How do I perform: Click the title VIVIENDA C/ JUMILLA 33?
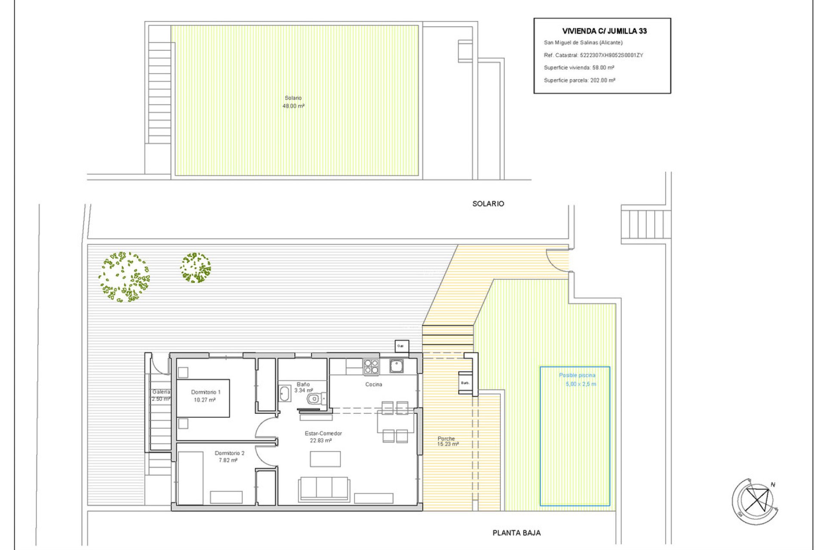604,31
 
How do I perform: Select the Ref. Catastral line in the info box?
593,55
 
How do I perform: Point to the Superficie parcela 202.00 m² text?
579,80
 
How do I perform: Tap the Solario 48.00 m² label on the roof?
293,102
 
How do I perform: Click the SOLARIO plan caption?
488,204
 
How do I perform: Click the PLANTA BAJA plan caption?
516,533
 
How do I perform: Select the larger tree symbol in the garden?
124,277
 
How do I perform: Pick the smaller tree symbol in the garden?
195,268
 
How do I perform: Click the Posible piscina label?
577,376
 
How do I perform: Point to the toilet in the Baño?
314,399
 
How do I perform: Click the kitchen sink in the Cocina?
396,366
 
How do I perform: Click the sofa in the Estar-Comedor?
324,489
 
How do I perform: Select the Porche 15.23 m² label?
447,441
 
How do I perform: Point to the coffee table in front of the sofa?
325,459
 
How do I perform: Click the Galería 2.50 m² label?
161,395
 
